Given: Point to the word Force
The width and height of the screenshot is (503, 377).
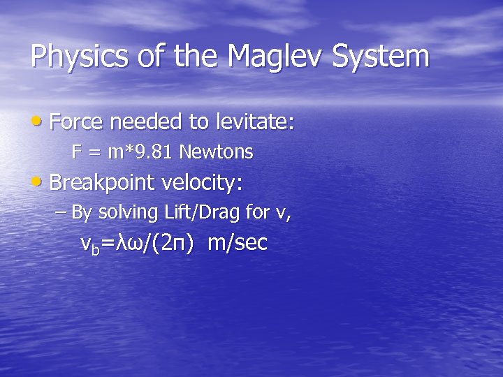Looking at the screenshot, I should click(x=76, y=123).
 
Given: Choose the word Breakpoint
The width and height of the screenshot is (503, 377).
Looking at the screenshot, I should click(x=103, y=184).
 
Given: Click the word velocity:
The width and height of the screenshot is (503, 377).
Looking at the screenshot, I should click(x=202, y=184).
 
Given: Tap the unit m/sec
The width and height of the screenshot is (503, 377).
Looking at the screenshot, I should click(x=238, y=244).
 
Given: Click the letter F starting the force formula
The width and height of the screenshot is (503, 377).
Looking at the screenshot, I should click(x=76, y=152).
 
